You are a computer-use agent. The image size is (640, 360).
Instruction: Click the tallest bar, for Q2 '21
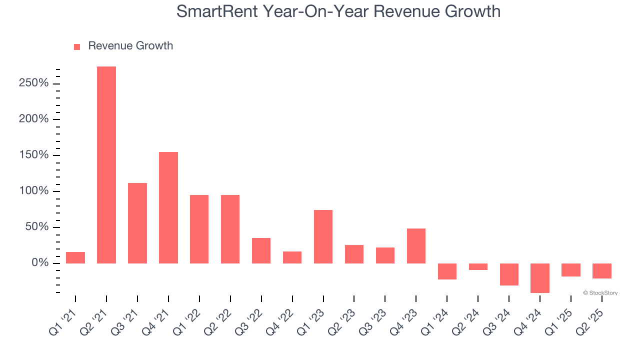tap(106, 165)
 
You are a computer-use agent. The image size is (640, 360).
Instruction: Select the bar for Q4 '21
tap(168, 207)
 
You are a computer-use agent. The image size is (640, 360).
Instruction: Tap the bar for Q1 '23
tap(323, 236)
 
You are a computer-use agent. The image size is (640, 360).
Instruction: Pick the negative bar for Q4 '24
tap(540, 278)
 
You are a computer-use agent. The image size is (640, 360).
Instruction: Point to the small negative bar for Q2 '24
tap(478, 266)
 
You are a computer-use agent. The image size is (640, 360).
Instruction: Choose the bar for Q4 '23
tap(416, 246)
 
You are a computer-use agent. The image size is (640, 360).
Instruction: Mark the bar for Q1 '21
tap(75, 257)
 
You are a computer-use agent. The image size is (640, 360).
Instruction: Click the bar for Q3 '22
tap(261, 250)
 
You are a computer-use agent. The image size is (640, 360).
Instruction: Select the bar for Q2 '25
tap(601, 271)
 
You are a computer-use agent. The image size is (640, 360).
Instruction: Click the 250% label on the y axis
tap(34, 83)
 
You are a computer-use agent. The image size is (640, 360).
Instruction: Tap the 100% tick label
tap(34, 191)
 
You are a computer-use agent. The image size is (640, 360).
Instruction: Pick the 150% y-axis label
tap(34, 155)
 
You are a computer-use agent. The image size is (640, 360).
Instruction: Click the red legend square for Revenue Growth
tap(77, 47)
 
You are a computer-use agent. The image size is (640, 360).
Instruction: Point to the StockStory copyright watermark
tap(600, 293)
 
